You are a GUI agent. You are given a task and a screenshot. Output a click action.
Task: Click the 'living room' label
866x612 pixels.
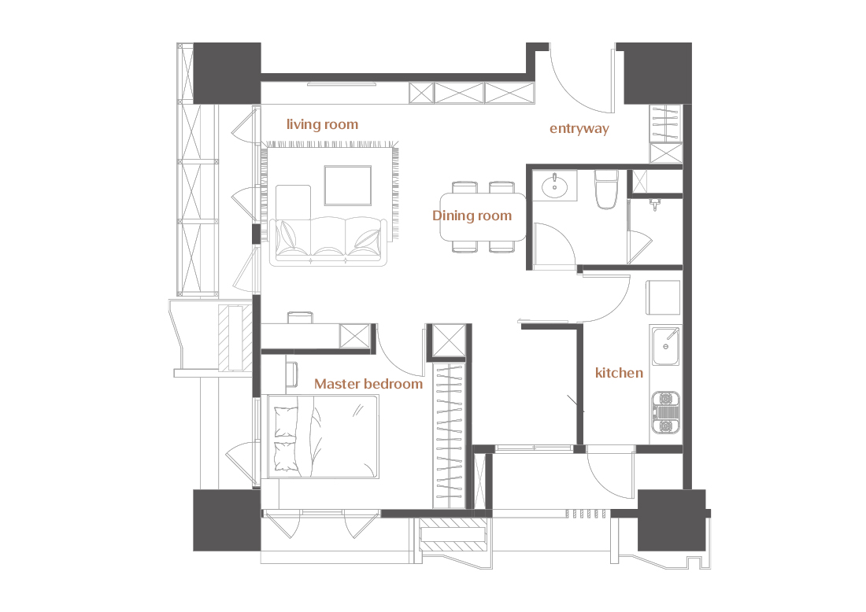click(x=322, y=125)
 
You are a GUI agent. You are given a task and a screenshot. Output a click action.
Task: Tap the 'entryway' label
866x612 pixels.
click(x=579, y=128)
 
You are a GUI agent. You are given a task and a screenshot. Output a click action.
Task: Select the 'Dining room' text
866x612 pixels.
click(x=472, y=216)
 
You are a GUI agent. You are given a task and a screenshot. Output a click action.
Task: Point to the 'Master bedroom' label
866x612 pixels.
click(x=368, y=384)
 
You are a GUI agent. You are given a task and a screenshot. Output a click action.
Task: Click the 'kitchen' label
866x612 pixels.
click(x=619, y=373)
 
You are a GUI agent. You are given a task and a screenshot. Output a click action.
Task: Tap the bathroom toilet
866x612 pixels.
click(x=606, y=190)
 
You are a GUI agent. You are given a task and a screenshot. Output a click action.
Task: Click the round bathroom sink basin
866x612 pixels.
click(x=554, y=186)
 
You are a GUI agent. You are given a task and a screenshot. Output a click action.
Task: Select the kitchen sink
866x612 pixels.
click(x=665, y=346)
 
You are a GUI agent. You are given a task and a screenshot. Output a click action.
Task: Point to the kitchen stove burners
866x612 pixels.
click(x=665, y=412)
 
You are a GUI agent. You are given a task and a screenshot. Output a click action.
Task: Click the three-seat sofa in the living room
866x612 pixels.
click(x=328, y=241)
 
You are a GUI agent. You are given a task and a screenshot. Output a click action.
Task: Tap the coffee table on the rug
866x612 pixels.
click(x=348, y=186)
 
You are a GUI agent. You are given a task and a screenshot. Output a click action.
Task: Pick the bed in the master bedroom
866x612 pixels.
click(x=323, y=437)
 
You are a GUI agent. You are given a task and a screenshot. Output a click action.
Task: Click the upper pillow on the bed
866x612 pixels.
click(x=286, y=422)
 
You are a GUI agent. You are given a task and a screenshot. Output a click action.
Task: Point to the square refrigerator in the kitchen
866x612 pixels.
click(x=664, y=297)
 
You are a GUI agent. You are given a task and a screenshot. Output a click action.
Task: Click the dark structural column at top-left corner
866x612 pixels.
click(x=227, y=73)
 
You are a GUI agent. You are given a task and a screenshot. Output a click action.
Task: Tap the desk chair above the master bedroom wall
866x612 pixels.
click(x=300, y=317)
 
